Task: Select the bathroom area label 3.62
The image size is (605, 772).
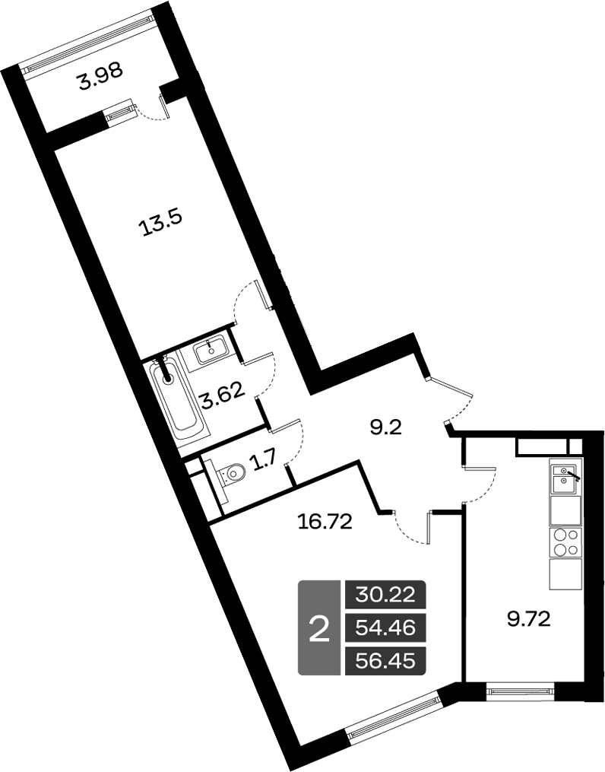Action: pyautogui.click(x=221, y=395)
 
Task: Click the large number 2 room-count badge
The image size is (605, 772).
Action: pyautogui.click(x=320, y=628)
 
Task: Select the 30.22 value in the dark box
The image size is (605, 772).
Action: pyautogui.click(x=385, y=595)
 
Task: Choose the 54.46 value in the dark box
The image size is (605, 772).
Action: pyautogui.click(x=385, y=628)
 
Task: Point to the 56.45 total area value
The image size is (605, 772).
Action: pyautogui.click(x=385, y=661)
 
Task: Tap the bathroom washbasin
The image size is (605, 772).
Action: pyautogui.click(x=209, y=351)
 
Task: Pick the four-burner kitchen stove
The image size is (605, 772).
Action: pyautogui.click(x=564, y=542)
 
